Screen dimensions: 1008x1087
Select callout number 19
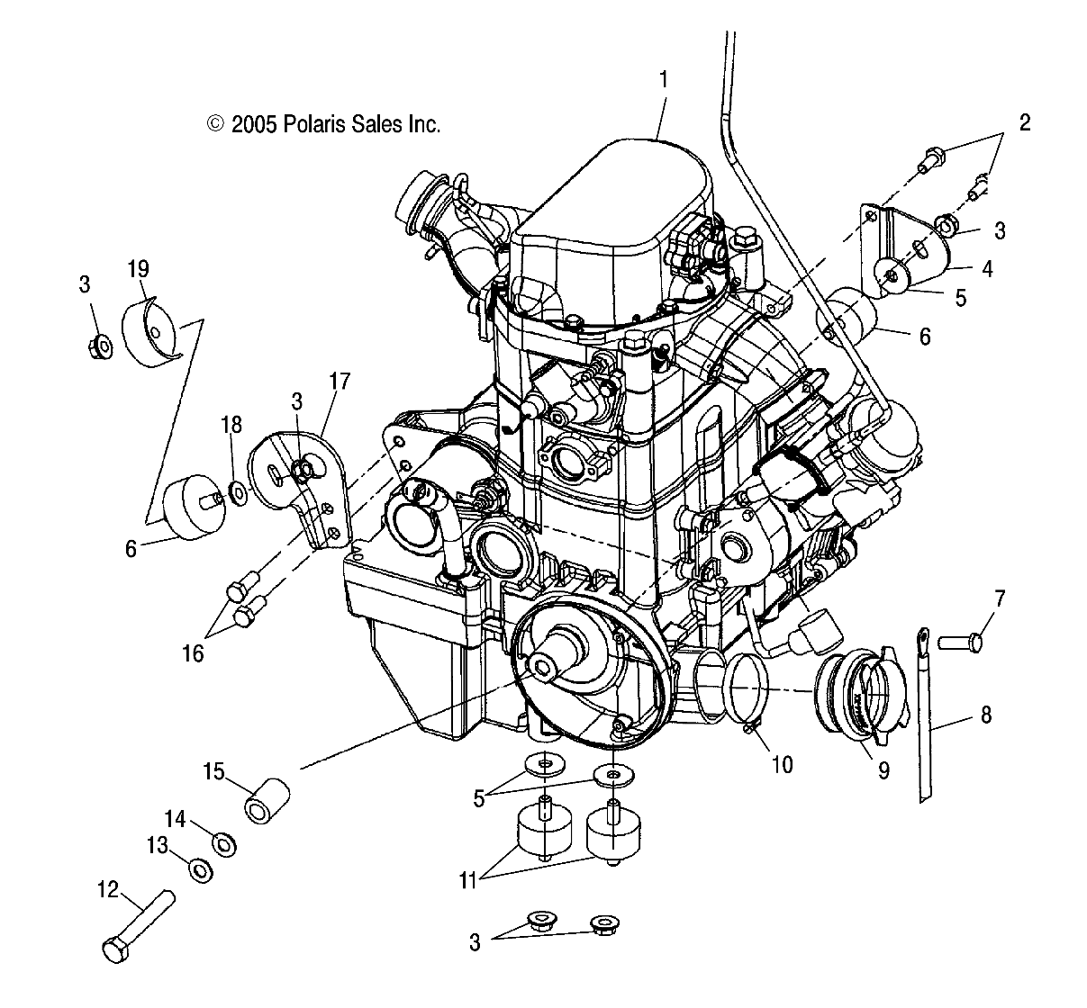139,267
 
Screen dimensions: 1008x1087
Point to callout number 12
107,889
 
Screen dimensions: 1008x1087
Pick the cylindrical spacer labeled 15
268,801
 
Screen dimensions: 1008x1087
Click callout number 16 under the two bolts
193,653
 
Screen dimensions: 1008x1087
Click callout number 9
883,769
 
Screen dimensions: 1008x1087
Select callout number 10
782,764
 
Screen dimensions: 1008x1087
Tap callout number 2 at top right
1024,122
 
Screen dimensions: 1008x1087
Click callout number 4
987,268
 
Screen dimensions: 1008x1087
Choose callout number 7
999,598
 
